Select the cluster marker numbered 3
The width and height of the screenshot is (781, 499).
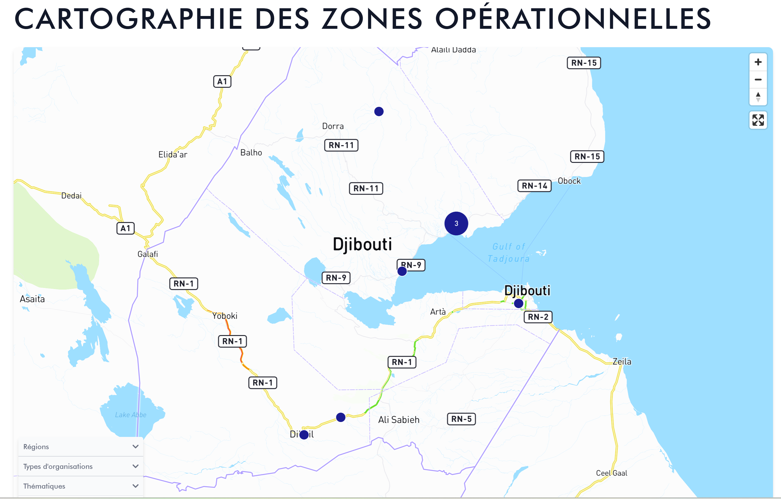click(x=456, y=223)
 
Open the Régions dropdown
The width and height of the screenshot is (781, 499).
click(x=81, y=446)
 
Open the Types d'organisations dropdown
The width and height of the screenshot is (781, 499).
click(x=81, y=466)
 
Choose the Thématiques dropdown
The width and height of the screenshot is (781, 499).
click(x=81, y=486)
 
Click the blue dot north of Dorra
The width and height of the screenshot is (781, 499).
click(x=378, y=111)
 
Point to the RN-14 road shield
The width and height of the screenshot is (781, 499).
click(x=534, y=186)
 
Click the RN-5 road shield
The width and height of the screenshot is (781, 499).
click(x=461, y=419)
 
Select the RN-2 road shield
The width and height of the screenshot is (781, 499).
click(x=538, y=317)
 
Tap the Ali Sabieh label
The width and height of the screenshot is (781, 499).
click(x=399, y=420)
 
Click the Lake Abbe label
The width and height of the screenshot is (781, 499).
click(x=131, y=415)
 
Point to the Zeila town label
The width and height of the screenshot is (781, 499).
click(x=622, y=362)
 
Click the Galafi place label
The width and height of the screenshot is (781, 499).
click(x=148, y=254)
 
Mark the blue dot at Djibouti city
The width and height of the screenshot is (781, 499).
click(x=518, y=303)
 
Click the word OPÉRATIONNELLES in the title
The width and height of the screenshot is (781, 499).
click(x=573, y=19)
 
